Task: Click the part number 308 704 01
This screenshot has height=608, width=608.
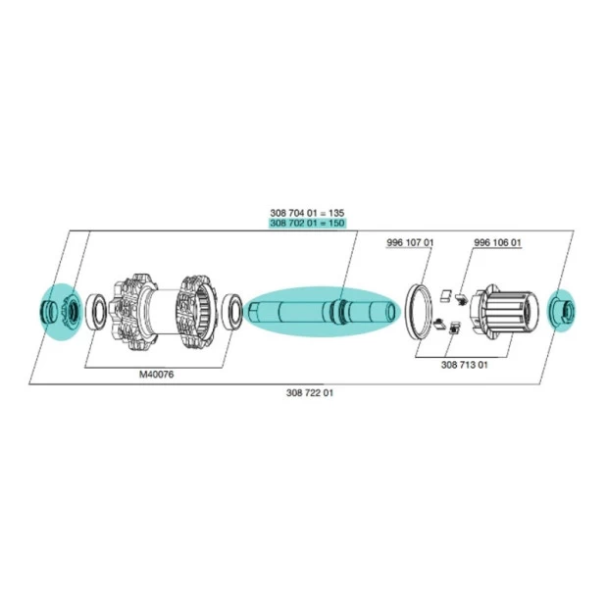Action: point(293,213)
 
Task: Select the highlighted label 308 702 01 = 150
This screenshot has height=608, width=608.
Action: point(307,223)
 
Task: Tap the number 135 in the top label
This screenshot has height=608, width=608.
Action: point(336,213)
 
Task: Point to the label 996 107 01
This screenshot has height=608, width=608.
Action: point(410,243)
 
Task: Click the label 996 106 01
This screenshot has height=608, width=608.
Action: point(497,243)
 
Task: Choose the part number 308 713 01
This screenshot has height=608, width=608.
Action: point(465,365)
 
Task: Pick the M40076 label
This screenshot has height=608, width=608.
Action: point(156,375)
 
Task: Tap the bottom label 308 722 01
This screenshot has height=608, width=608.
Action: point(310,393)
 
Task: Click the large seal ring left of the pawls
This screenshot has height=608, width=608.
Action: point(418,313)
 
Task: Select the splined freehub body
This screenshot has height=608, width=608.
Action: point(504,312)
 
